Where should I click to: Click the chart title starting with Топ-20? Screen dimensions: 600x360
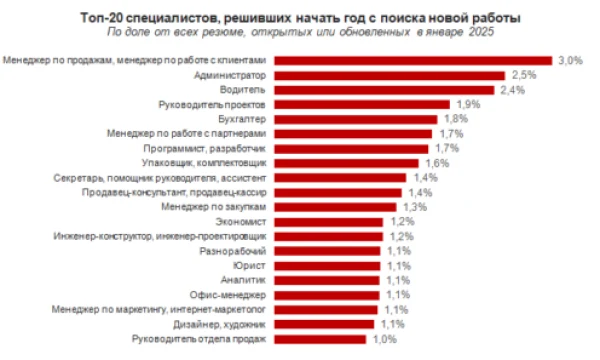(x=300, y=18)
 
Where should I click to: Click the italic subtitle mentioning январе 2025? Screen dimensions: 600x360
(x=300, y=32)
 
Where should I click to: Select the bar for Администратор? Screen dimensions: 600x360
(x=390, y=75)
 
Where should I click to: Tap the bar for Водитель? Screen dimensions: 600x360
(x=384, y=90)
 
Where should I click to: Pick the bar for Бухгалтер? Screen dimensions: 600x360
(x=356, y=119)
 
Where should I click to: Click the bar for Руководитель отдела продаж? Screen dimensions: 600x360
(x=320, y=339)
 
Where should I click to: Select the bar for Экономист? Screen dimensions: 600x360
(x=329, y=222)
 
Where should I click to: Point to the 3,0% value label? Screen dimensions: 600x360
(x=571, y=60)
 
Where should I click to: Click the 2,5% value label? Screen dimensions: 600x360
(x=524, y=75)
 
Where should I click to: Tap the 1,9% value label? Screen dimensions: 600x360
(x=468, y=104)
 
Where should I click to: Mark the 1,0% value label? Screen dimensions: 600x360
(x=385, y=339)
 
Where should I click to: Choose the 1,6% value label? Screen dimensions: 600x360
(x=437, y=163)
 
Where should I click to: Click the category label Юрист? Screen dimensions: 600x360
(x=249, y=266)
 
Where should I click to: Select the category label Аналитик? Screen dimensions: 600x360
(x=243, y=280)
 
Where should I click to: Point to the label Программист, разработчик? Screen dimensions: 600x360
(x=205, y=148)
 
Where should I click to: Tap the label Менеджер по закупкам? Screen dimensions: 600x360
(x=214, y=207)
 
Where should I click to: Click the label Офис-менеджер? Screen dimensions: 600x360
(x=228, y=295)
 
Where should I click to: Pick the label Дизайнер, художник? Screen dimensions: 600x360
(x=219, y=325)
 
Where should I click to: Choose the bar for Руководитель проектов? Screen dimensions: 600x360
(x=362, y=104)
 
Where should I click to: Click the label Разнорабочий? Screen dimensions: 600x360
(x=233, y=251)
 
